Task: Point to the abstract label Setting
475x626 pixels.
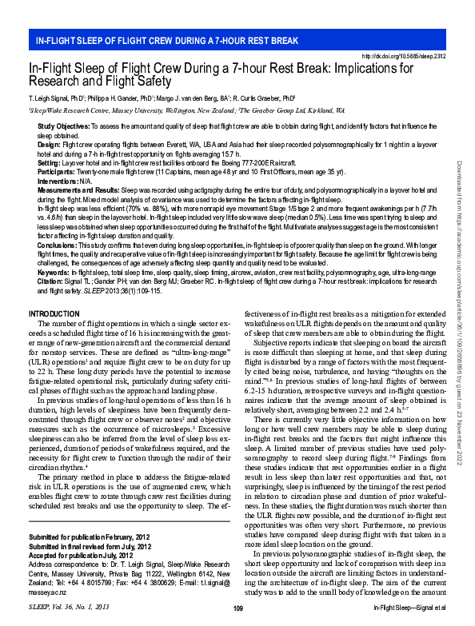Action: tap(49, 161)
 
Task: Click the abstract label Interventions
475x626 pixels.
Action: tap(58, 178)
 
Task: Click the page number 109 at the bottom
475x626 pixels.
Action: tap(237, 609)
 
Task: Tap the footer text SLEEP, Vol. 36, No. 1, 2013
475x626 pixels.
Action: tap(68, 609)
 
